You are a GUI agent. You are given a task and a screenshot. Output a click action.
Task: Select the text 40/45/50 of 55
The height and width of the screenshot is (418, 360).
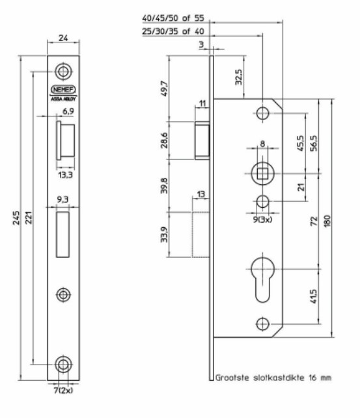[168, 18]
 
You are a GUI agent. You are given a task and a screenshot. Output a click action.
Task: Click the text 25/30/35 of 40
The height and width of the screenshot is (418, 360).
[168, 32]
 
